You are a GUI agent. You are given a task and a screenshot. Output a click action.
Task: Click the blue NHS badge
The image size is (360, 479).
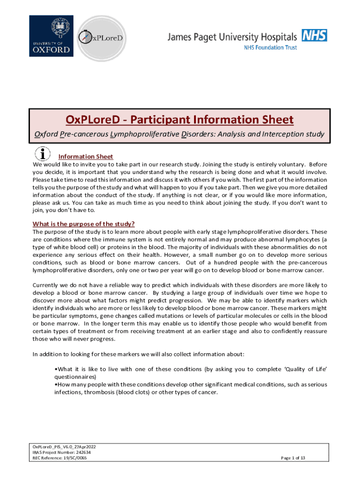pyautogui.click(x=314, y=35)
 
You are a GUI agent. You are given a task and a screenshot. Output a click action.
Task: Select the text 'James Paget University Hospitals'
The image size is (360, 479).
pyautogui.click(x=232, y=37)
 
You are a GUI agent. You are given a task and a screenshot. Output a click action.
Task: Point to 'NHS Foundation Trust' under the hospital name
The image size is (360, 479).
pyautogui.click(x=271, y=48)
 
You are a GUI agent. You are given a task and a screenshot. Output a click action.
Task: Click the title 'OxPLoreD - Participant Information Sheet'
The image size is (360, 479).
pyautogui.click(x=180, y=120)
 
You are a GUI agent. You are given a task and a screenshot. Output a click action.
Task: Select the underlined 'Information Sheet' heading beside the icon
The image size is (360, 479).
pyautogui.click(x=86, y=156)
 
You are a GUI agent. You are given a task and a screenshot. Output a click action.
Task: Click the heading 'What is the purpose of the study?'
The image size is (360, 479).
pyautogui.click(x=84, y=224)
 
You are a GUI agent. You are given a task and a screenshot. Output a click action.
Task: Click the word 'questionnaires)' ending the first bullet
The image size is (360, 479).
pyautogui.click(x=75, y=376)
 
